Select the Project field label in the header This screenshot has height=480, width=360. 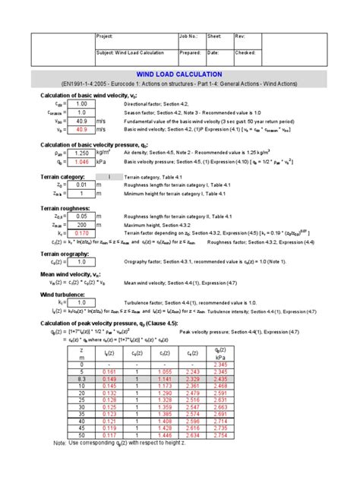[105, 36]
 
